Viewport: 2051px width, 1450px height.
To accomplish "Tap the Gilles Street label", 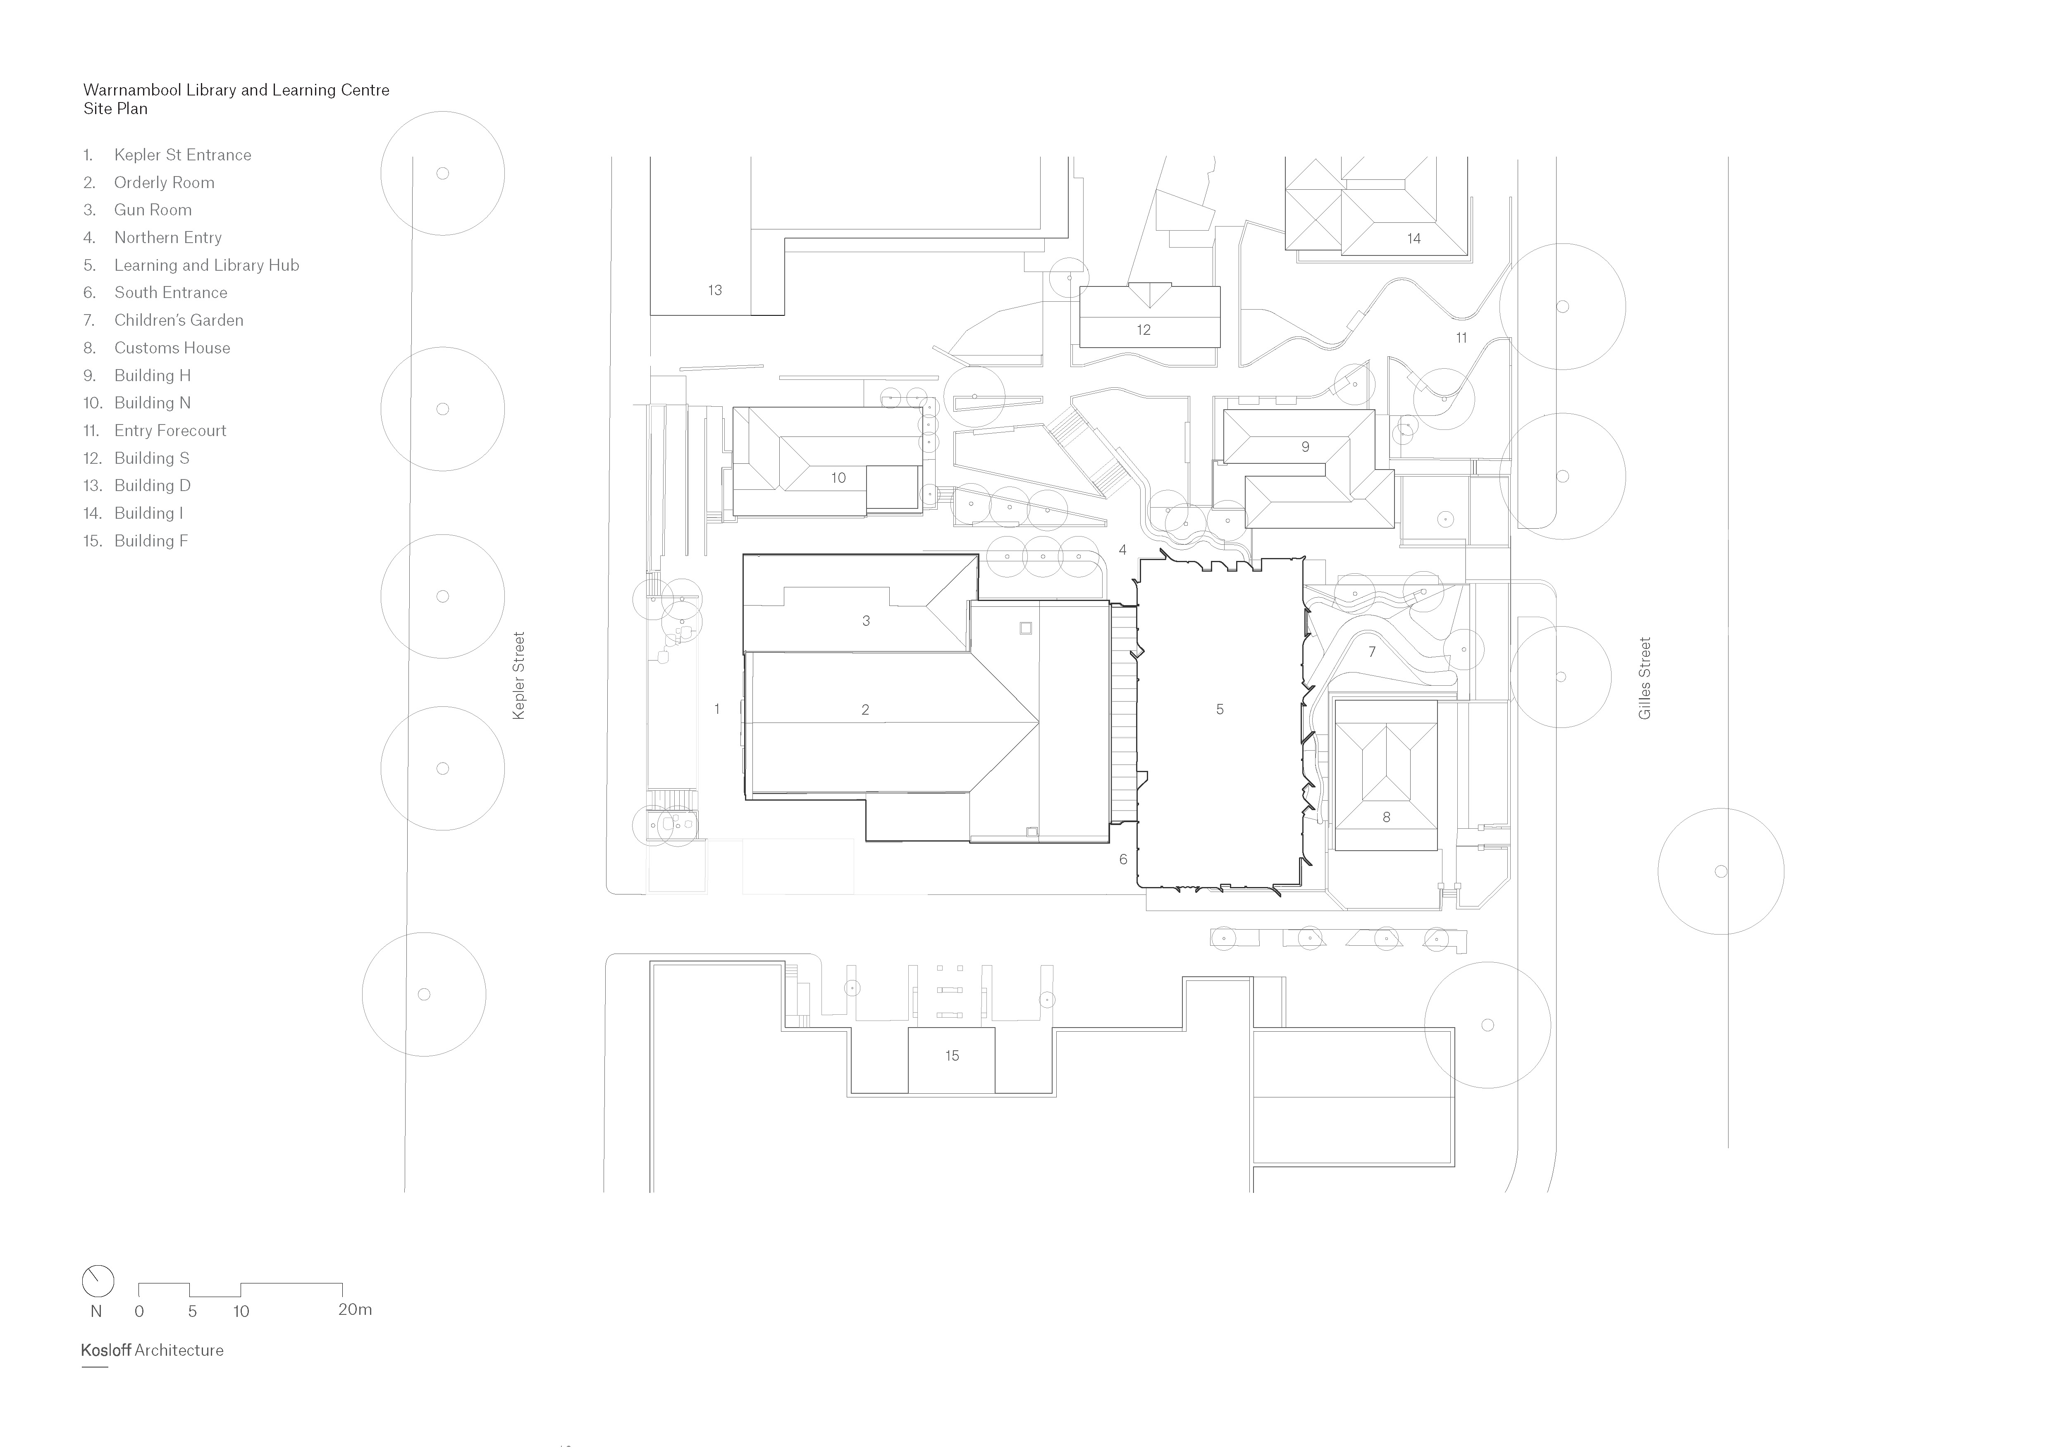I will point(1645,679).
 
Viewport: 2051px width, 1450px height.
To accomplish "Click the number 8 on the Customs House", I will point(1386,817).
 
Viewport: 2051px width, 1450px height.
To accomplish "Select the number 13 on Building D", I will point(715,290).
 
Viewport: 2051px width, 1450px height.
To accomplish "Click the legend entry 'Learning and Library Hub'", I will point(205,265).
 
